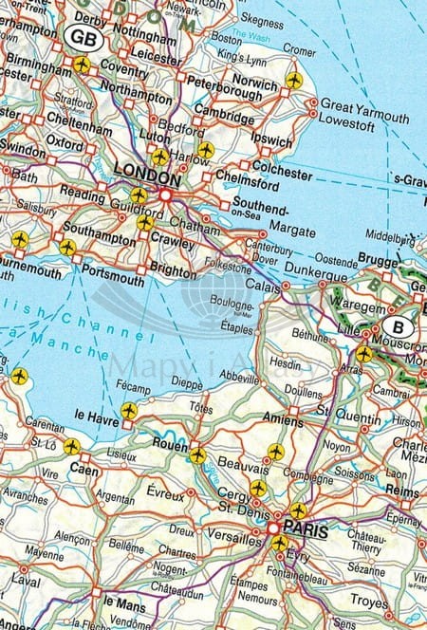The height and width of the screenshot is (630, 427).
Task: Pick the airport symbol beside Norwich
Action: click(293, 80)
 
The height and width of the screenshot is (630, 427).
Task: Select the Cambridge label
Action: click(223, 119)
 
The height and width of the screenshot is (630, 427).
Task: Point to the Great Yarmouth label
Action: click(364, 104)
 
